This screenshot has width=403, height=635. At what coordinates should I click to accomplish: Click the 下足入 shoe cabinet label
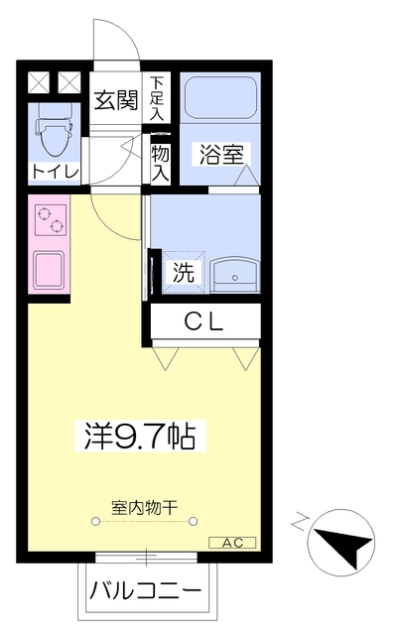[158, 100]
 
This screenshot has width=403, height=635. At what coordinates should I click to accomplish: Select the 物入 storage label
[159, 162]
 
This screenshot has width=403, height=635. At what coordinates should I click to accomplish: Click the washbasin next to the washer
[233, 271]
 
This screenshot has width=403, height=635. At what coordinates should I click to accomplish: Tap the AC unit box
[232, 543]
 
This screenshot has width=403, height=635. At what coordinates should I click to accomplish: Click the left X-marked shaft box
[39, 82]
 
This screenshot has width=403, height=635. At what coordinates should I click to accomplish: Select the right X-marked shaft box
[69, 82]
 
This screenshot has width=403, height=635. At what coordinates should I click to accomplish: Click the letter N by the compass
[300, 520]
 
